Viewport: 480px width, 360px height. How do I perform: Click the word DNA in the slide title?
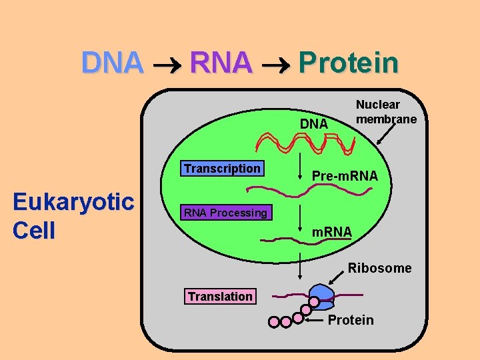pyautogui.click(x=112, y=63)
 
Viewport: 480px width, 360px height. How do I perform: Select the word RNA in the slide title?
pyautogui.click(x=221, y=63)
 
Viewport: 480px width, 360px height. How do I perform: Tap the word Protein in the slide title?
pyautogui.click(x=349, y=63)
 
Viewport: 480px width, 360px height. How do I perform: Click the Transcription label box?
pyautogui.click(x=222, y=169)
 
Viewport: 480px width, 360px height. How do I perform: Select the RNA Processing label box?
pyautogui.click(x=225, y=213)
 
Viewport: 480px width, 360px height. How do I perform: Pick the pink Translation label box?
pyautogui.click(x=220, y=296)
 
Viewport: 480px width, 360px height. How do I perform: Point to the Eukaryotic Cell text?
pyautogui.click(x=73, y=216)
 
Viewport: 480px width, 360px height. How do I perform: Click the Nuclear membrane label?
pyautogui.click(x=386, y=111)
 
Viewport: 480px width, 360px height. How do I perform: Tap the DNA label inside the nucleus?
pyautogui.click(x=313, y=124)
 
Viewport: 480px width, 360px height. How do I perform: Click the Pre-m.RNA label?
pyautogui.click(x=345, y=176)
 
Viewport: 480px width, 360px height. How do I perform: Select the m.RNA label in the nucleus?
pyautogui.click(x=332, y=231)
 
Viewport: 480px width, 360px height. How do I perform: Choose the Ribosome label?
pyautogui.click(x=379, y=268)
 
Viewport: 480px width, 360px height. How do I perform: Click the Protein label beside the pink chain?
pyautogui.click(x=351, y=320)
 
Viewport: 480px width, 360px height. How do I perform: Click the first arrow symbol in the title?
pyautogui.click(x=166, y=65)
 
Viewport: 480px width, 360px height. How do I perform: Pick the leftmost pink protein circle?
pyautogui.click(x=274, y=322)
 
